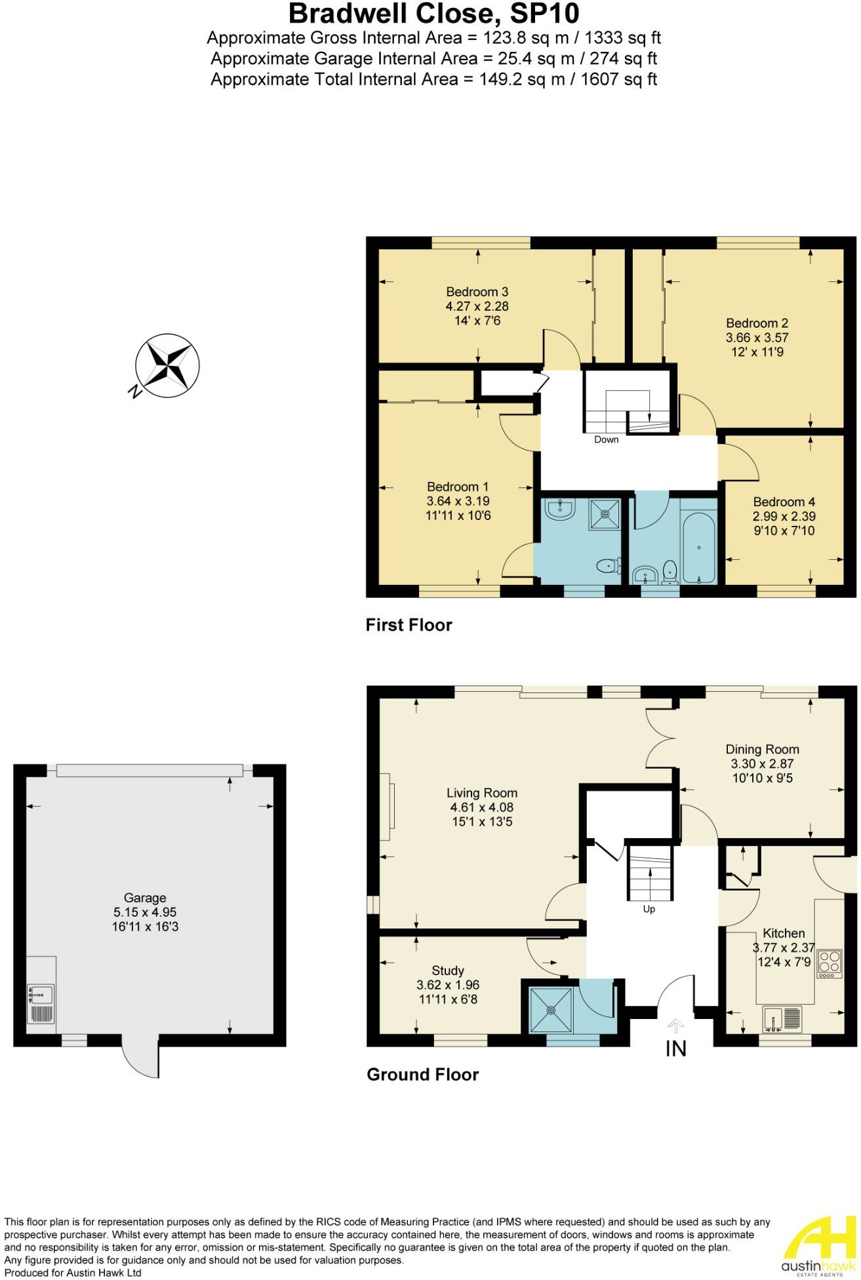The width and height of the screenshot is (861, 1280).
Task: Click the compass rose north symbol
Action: coord(167,365)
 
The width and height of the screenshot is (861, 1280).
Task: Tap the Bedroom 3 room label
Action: coord(477,292)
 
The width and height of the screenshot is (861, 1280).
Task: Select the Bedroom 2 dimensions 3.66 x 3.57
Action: coord(757,338)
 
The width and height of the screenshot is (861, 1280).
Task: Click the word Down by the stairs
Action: coord(606,439)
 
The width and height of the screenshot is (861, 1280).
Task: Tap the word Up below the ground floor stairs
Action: coord(649,909)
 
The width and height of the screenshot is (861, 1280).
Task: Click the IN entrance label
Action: coord(675,1049)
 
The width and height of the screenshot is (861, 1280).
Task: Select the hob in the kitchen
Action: coord(830,964)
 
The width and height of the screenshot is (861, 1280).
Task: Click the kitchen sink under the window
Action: coord(782,1018)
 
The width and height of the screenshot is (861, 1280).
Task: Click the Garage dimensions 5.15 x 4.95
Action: coord(145,912)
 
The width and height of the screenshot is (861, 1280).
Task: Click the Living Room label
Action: coord(482,793)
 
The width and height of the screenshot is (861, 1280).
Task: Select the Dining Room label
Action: coord(762,749)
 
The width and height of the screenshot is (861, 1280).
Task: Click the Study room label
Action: coord(448,970)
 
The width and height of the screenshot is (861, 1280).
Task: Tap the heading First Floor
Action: coord(409,625)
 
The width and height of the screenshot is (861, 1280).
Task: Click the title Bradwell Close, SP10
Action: coord(433,14)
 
